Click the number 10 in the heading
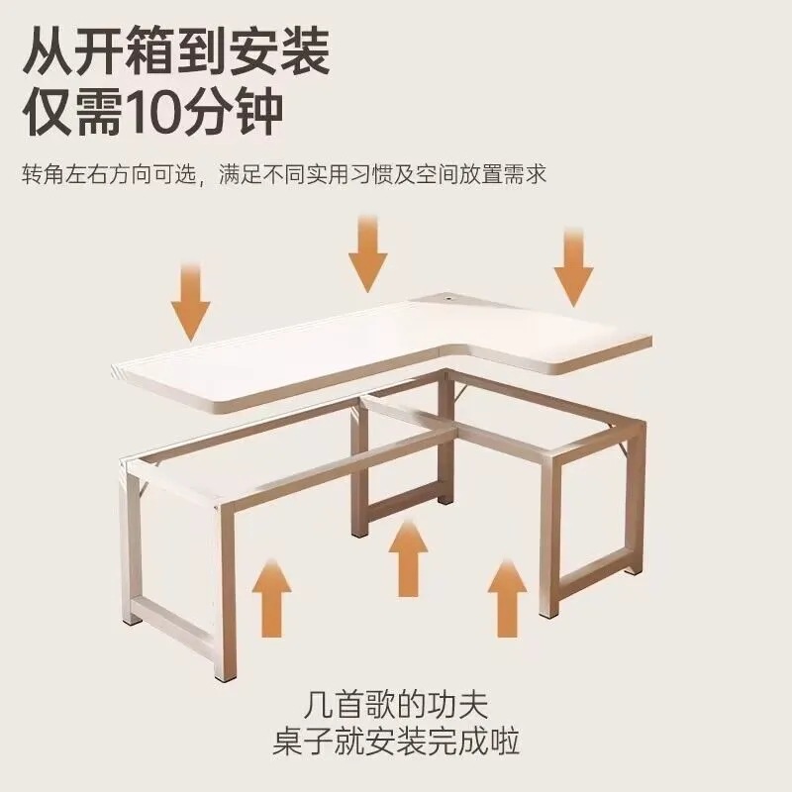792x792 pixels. point(158,113)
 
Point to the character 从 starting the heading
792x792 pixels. point(48,51)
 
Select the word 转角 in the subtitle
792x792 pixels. point(43,174)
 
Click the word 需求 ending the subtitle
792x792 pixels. point(526,174)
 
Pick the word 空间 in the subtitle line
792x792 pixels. point(438,174)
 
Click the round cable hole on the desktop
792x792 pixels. point(447,300)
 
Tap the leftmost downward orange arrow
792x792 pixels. point(190,302)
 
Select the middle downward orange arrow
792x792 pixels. point(367,254)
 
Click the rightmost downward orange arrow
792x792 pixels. point(573,267)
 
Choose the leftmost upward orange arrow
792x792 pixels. point(271,598)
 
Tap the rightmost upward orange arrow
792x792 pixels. point(507,598)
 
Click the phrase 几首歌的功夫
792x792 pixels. point(396,706)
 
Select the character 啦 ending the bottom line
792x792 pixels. point(505,742)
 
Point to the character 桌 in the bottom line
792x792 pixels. point(287,742)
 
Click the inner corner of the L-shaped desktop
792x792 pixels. point(444,347)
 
